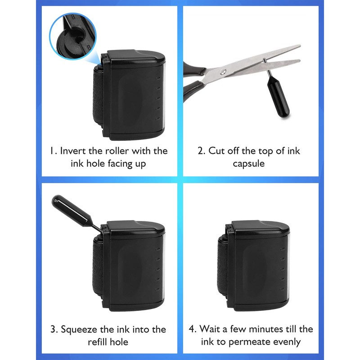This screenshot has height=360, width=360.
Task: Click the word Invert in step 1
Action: (x=74, y=150)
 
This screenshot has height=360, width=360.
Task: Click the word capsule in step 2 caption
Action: (x=249, y=163)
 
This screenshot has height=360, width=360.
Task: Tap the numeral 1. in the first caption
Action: (x=53, y=150)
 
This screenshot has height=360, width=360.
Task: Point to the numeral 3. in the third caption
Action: (x=53, y=329)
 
